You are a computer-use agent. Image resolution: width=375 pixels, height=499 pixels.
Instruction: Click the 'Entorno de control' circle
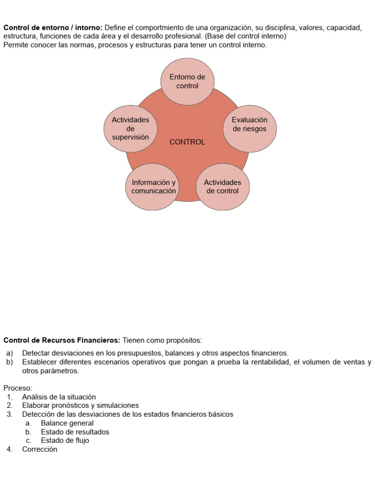click(187, 81)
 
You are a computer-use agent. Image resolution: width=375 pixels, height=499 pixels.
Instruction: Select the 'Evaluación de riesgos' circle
click(250, 125)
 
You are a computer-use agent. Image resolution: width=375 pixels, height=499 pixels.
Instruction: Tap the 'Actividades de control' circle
click(222, 187)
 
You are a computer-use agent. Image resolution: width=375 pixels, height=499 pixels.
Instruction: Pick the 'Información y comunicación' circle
click(153, 187)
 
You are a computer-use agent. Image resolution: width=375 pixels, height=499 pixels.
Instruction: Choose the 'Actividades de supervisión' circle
click(130, 129)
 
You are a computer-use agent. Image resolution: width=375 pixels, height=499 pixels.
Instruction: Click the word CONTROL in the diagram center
click(187, 142)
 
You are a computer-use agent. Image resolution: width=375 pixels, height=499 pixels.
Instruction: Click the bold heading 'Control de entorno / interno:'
click(53, 28)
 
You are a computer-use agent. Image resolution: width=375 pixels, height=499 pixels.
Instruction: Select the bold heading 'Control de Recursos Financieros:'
click(62, 340)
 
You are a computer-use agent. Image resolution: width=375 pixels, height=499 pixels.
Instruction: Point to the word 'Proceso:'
click(18, 388)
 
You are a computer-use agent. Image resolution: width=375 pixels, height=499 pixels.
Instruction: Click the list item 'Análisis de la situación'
click(59, 397)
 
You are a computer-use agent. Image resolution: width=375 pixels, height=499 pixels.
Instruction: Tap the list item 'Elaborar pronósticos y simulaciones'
click(81, 405)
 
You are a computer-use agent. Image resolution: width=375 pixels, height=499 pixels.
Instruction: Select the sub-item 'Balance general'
click(67, 423)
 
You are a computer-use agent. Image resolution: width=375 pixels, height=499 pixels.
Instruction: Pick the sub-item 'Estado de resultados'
click(75, 432)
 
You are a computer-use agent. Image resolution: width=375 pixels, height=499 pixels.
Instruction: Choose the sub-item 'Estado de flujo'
click(65, 441)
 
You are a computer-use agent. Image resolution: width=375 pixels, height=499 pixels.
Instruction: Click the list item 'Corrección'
click(40, 449)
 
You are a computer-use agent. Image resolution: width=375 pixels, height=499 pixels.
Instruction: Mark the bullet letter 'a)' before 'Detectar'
click(10, 353)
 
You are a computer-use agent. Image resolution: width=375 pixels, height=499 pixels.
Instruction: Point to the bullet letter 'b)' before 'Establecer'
click(10, 362)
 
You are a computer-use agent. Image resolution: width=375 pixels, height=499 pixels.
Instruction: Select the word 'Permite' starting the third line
click(15, 45)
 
